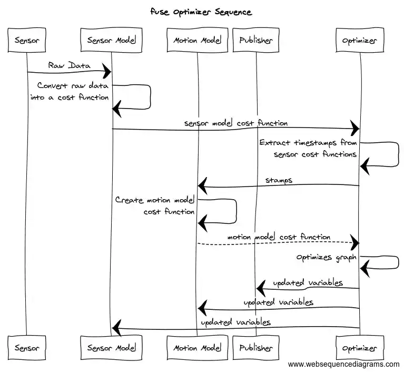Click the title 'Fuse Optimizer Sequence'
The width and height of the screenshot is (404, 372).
click(x=202, y=12)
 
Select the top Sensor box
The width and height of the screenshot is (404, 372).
click(x=27, y=40)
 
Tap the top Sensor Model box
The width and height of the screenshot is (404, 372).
click(x=111, y=40)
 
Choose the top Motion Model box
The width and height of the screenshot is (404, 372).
click(x=197, y=40)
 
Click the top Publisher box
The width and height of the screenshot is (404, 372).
click(x=256, y=40)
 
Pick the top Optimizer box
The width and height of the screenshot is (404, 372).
click(x=360, y=40)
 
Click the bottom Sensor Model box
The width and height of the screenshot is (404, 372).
click(x=111, y=348)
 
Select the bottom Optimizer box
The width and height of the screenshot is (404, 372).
click(x=360, y=348)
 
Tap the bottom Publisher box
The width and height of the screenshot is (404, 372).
click(x=256, y=348)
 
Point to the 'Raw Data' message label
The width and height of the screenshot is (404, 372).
click(x=69, y=65)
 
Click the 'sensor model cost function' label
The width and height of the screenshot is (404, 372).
click(x=236, y=123)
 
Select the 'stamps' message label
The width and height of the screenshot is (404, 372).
click(x=279, y=180)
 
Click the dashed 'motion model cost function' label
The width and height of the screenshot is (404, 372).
click(x=279, y=237)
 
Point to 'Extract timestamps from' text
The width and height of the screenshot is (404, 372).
click(x=308, y=143)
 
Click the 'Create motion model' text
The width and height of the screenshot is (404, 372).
click(x=155, y=200)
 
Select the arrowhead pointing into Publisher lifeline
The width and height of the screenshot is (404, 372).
click(x=261, y=288)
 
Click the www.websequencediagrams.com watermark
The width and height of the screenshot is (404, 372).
click(x=343, y=364)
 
